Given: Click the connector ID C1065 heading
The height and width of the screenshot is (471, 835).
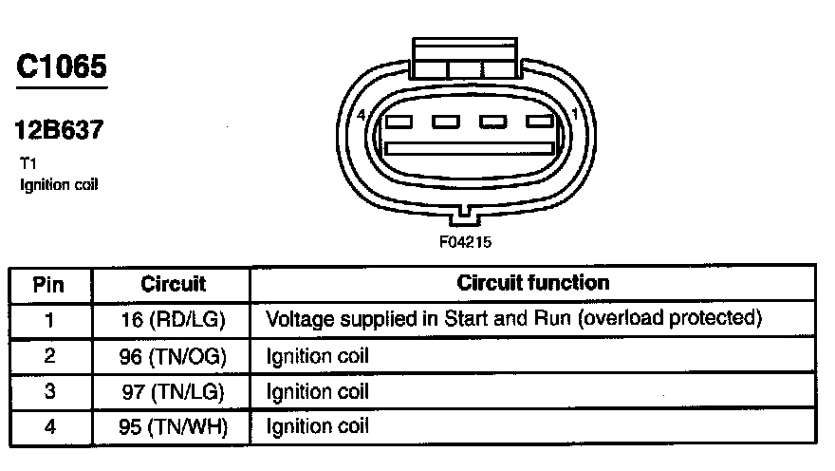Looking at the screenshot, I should tap(62, 66).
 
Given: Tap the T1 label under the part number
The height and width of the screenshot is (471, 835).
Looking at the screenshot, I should tap(26, 163).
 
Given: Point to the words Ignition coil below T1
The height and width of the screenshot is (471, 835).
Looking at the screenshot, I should tap(58, 184).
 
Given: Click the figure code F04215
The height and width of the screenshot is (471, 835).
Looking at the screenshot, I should tap(464, 241).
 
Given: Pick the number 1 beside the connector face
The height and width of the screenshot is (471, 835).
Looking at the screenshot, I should tap(575, 114).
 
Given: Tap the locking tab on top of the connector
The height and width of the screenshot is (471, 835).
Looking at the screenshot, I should tap(466, 59).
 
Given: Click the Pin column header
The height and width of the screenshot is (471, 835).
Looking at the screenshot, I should tap(49, 284).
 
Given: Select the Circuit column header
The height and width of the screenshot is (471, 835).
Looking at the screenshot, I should tap(173, 284).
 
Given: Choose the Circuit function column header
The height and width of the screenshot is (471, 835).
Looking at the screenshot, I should tap(533, 283).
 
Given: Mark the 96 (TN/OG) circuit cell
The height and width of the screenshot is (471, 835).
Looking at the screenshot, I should tap(173, 357).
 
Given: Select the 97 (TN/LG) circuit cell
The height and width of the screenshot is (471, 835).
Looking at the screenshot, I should tap(173, 391).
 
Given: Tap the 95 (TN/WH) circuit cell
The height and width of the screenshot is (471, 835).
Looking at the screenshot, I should tap(173, 426).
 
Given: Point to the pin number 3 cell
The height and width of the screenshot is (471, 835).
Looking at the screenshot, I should tap(49, 391).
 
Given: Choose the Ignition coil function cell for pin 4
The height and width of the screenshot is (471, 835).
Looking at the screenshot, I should tap(317, 426).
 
